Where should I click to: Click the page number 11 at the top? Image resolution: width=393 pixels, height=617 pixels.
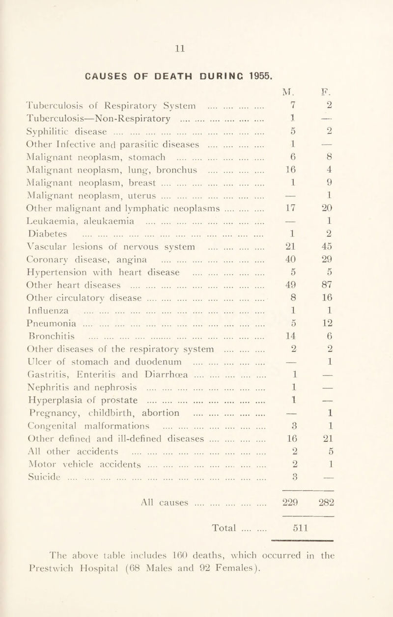pos(196,49)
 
